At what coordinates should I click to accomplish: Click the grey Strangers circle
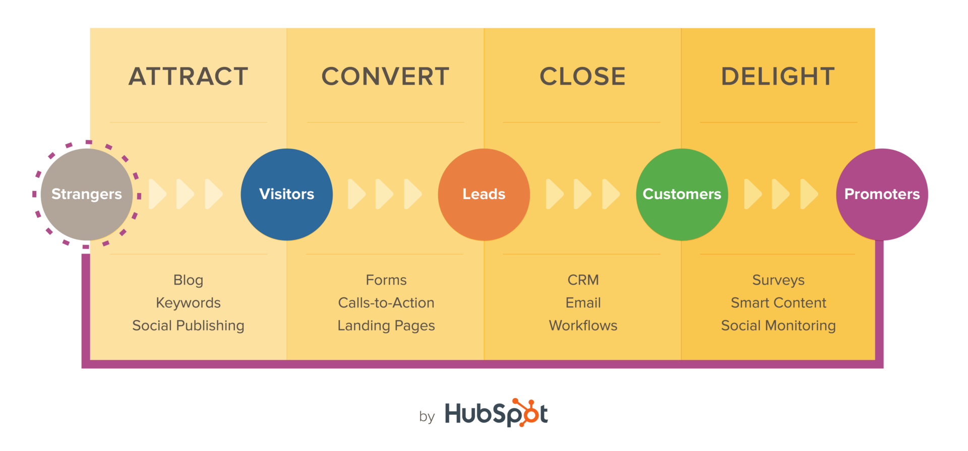87,194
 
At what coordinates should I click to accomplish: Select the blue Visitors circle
286,194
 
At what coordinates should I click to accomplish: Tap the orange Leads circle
484,194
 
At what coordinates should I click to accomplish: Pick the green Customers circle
682,194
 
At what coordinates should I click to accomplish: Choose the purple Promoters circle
882,194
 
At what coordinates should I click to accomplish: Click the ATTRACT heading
189,77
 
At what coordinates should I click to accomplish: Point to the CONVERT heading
386,77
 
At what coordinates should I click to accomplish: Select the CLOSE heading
583,77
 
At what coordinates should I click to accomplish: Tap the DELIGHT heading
778,77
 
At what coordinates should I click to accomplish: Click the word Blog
188,280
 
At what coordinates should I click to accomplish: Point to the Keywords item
188,303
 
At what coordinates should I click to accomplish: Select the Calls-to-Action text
386,303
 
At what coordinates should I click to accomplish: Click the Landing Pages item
386,326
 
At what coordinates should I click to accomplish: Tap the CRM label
583,280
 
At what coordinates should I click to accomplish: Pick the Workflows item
583,326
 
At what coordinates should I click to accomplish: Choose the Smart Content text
778,303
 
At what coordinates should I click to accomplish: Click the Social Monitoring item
778,326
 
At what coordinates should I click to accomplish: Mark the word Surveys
778,280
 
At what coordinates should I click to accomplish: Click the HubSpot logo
496,414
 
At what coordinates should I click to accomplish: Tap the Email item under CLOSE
583,303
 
